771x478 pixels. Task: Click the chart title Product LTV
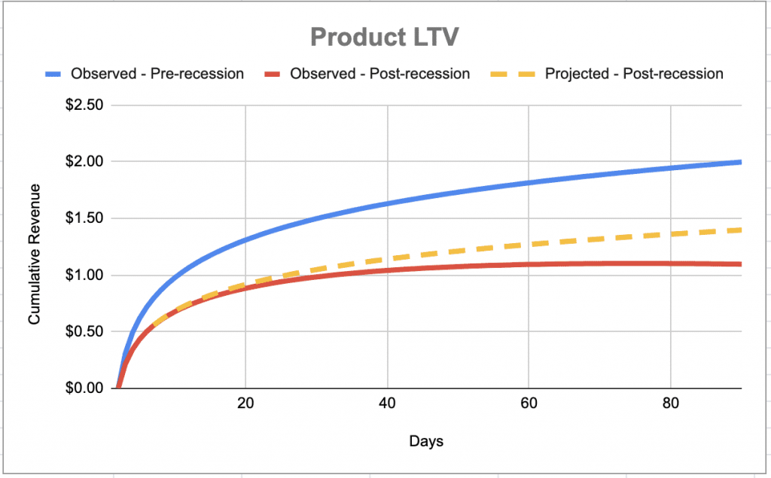[385, 37]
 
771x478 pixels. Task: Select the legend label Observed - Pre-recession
[157, 74]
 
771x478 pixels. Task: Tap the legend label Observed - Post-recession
[379, 74]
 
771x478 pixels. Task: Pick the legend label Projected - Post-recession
[634, 74]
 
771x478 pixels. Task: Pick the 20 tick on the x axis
[245, 403]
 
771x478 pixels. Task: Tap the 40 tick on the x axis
[387, 403]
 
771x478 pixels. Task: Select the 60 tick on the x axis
[529, 403]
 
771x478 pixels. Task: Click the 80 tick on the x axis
[671, 403]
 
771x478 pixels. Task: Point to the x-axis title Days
[426, 441]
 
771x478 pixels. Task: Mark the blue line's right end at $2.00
[740, 162]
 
